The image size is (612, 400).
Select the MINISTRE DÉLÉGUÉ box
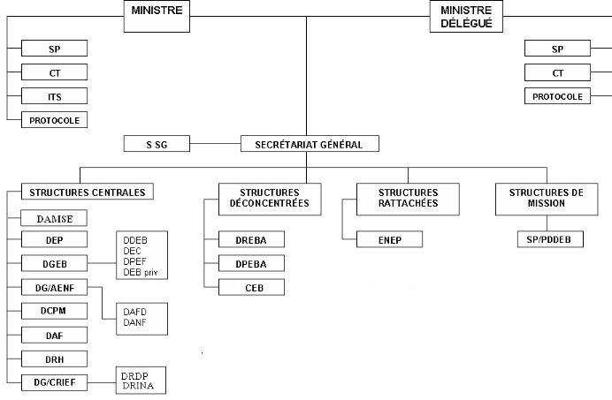pyautogui.click(x=464, y=16)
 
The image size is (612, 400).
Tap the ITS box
pyautogui.click(x=55, y=96)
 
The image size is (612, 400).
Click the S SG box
pyautogui.click(x=157, y=143)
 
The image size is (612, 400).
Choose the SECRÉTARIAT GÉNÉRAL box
pyautogui.click(x=310, y=143)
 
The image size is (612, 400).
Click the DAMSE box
pyautogui.click(x=55, y=217)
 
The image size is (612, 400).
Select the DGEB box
pyautogui.click(x=55, y=263)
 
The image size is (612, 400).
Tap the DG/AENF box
pyautogui.click(x=55, y=287)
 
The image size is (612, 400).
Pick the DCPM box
pyautogui.click(x=55, y=311)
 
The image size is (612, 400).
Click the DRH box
pyautogui.click(x=55, y=358)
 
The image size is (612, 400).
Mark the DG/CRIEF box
pyautogui.click(x=55, y=381)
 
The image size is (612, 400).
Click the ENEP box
pyautogui.click(x=389, y=239)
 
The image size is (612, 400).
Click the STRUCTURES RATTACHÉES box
pyautogui.click(x=408, y=198)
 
